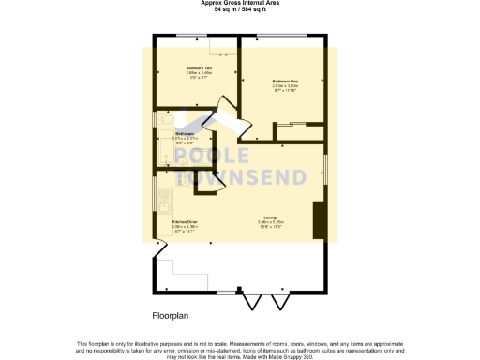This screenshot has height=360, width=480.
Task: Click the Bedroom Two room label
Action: pos(197,68)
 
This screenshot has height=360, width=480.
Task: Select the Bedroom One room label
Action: pos(285,81)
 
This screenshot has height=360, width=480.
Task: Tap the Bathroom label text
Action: pos(185,134)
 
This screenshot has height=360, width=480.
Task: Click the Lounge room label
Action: pos(270,217)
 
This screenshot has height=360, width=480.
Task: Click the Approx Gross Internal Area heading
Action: pos(239,3)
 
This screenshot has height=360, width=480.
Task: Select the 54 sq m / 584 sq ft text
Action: pos(239,9)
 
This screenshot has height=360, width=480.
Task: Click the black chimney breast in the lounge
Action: pos(318,219)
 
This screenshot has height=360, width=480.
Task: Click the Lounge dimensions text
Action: pos(270,225)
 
